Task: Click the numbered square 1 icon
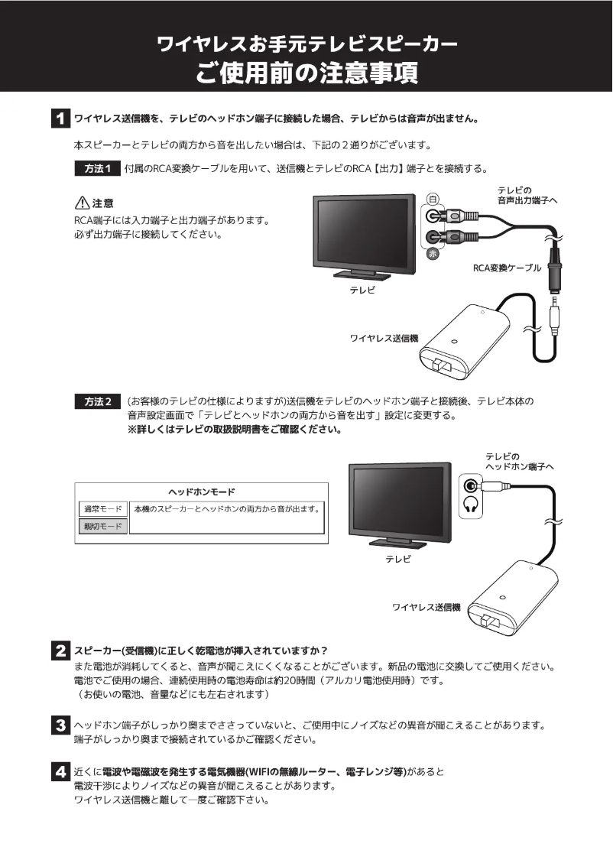pyautogui.click(x=58, y=119)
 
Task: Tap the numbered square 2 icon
pyautogui.click(x=58, y=651)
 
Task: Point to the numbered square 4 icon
pyautogui.click(x=58, y=773)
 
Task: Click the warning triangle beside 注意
pyautogui.click(x=81, y=203)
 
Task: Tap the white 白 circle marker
pyautogui.click(x=433, y=198)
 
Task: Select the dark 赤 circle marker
pyautogui.click(x=433, y=255)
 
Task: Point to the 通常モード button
pyautogui.click(x=102, y=509)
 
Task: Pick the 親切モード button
pyautogui.click(x=102, y=527)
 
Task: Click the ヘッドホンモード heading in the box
pyautogui.click(x=201, y=492)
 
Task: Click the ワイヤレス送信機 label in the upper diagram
pyautogui.click(x=384, y=338)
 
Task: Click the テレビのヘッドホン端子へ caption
pyautogui.click(x=519, y=461)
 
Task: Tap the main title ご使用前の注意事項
pyautogui.click(x=306, y=73)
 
